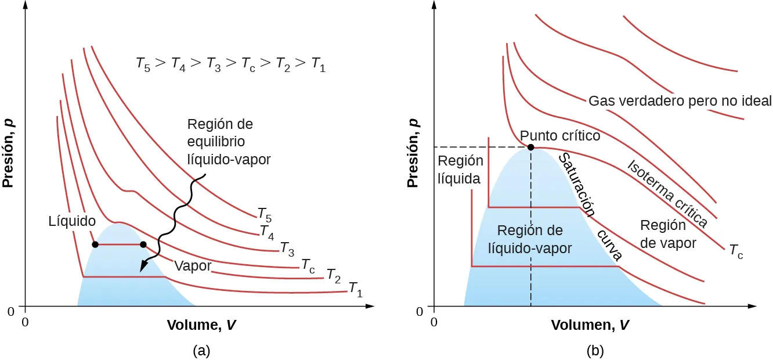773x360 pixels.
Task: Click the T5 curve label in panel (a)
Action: click(x=265, y=214)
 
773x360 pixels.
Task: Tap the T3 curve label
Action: click(x=287, y=249)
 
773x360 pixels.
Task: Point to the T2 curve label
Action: click(x=334, y=275)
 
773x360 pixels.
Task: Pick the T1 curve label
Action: click(x=356, y=289)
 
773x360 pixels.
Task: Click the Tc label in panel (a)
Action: click(x=308, y=267)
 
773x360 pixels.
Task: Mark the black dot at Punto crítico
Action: click(x=530, y=147)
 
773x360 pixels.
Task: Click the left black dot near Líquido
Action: click(x=95, y=244)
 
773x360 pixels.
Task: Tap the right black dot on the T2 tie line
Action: click(x=143, y=244)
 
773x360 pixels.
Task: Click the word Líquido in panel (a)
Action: click(x=72, y=221)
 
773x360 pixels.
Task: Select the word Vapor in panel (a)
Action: click(x=193, y=267)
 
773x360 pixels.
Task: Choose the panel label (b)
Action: click(x=594, y=350)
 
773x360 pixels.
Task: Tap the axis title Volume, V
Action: click(x=201, y=325)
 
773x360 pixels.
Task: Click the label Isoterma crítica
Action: click(x=667, y=194)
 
